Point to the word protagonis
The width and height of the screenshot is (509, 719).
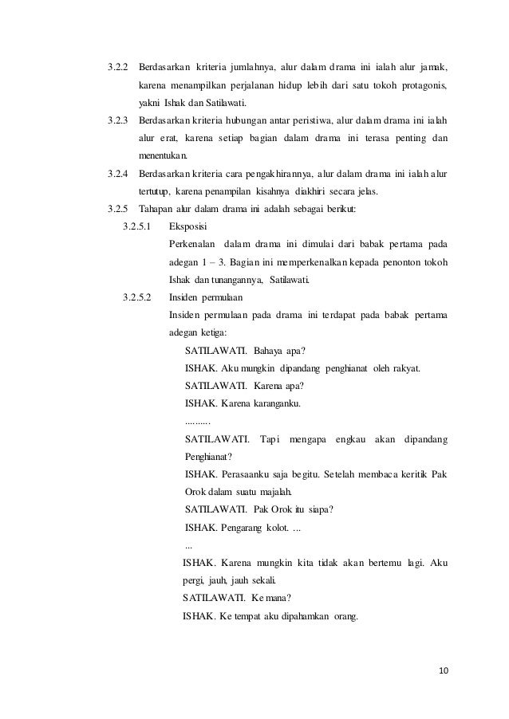[x=422, y=84]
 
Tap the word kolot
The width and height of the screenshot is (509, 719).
[x=275, y=528]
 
